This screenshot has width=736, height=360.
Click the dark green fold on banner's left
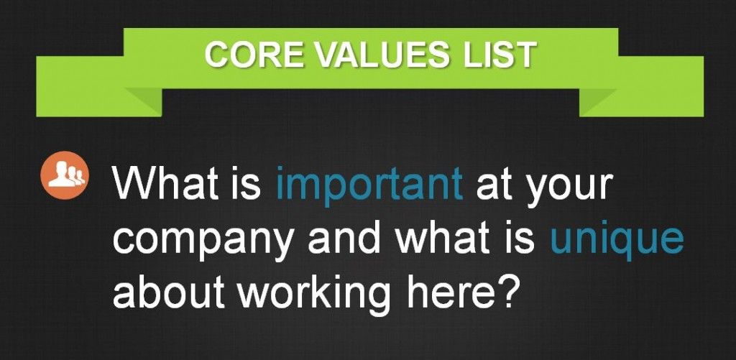[x=143, y=101]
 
